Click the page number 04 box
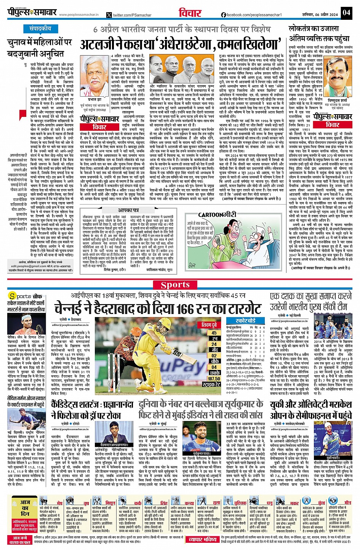pyautogui.click(x=346, y=13)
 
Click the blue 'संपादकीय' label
pyautogui.click(x=40, y=29)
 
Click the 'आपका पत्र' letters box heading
pyautogui.click(x=128, y=210)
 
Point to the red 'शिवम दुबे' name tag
pyautogui.click(x=209, y=325)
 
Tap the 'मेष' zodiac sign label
pyautogui.click(x=59, y=503)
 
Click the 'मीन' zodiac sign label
pyautogui.click(x=347, y=503)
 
